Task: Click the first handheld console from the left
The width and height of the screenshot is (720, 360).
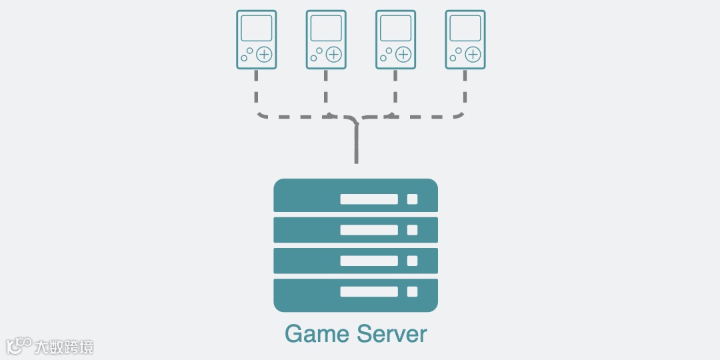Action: point(257,39)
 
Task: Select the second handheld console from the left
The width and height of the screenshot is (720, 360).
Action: point(326,39)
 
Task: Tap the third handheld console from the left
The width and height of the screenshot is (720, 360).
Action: point(396,39)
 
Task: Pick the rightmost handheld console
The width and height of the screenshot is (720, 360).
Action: point(465,39)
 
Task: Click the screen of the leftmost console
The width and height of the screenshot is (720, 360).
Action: point(257,28)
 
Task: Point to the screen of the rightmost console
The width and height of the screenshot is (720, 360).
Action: point(465,28)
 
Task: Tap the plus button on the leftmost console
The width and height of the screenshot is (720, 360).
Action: point(265,55)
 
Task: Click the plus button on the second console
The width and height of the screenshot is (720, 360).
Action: point(334,55)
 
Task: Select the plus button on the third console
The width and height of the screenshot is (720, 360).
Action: point(404,55)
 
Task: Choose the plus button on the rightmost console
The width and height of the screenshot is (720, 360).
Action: point(473,55)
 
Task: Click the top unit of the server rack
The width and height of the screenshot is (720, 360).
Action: point(355,196)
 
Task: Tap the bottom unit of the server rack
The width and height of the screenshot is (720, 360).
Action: point(355,295)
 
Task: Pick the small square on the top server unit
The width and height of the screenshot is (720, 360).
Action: point(412,199)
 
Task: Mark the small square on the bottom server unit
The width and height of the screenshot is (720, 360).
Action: point(412,291)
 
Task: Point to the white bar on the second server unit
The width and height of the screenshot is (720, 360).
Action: point(369,230)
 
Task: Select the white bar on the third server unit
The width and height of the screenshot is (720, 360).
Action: point(369,261)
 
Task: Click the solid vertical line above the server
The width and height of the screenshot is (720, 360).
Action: point(357,143)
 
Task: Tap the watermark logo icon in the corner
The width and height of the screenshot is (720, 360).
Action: point(19,346)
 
